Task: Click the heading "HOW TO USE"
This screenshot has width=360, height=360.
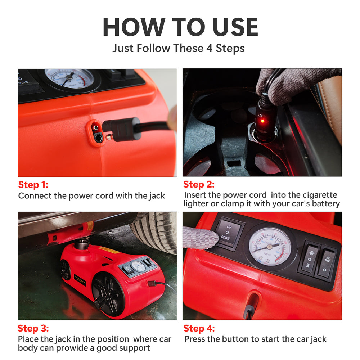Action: point(180,27)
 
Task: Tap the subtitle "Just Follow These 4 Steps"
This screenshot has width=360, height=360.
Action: point(179,49)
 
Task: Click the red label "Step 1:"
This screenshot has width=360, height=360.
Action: point(33,185)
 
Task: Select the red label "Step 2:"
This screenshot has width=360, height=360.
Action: point(199,184)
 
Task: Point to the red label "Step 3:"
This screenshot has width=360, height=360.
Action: point(33,328)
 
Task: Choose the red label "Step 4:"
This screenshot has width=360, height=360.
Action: point(199,328)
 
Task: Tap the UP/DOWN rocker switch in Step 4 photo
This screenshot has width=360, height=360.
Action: point(228,232)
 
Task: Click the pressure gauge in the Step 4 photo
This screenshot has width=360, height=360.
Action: point(270,246)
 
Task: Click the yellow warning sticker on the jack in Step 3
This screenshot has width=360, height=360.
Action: point(109,250)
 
